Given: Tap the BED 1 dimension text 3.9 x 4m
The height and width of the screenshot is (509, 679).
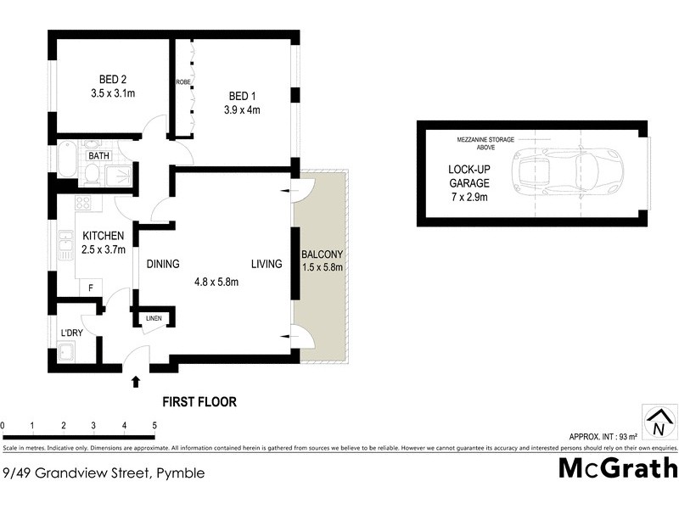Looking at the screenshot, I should [x=242, y=109].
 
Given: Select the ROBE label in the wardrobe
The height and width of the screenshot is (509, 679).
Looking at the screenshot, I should [x=182, y=82].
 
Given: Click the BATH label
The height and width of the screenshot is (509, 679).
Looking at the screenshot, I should [x=98, y=156].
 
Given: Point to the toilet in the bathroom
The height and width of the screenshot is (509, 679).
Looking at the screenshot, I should [x=93, y=175].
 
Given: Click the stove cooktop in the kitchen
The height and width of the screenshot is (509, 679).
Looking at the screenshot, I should [x=84, y=203].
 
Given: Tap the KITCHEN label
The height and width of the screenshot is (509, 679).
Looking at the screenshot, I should [x=104, y=236].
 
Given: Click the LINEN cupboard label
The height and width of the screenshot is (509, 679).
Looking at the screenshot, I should [x=154, y=318].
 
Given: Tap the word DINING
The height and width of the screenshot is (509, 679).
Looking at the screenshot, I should [x=162, y=265].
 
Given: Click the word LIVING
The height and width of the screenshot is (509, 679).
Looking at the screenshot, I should [x=266, y=265].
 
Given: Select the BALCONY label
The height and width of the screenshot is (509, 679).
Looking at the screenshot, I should [x=322, y=255].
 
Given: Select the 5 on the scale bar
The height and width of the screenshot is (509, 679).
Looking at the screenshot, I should [x=154, y=425].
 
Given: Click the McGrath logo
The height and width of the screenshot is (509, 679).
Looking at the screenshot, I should [x=617, y=467].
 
